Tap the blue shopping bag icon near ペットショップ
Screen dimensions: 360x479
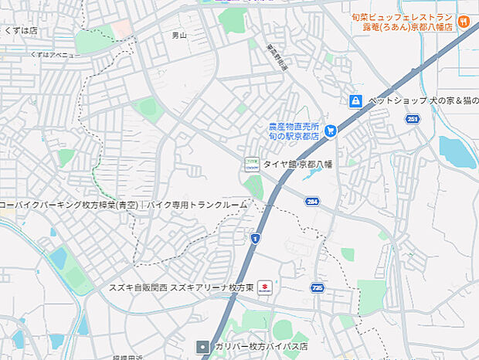(x=355, y=101)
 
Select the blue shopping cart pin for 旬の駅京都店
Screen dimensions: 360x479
(x=331, y=131)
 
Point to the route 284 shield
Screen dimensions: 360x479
(x=312, y=201)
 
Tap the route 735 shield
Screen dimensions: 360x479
(x=317, y=287)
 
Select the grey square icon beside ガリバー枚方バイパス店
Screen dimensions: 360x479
(x=203, y=346)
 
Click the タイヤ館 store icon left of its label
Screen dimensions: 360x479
(x=250, y=164)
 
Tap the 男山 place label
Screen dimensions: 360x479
(x=179, y=36)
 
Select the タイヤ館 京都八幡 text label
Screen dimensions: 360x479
(x=297, y=164)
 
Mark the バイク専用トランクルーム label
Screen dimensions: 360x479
(x=198, y=205)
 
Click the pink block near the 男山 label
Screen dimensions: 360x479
(x=121, y=29)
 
